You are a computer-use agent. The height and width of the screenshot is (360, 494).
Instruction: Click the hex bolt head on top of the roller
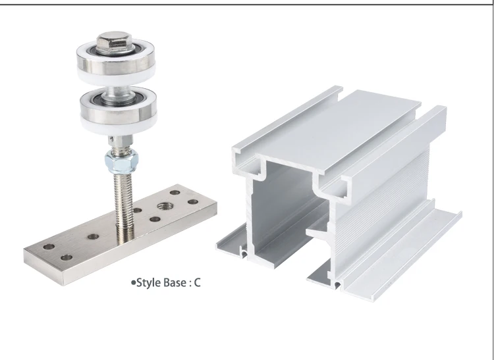pos(109,43)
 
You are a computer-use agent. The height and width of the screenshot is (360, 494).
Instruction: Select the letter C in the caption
pos(197,284)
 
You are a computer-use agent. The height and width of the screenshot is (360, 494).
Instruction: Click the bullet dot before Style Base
pos(134,284)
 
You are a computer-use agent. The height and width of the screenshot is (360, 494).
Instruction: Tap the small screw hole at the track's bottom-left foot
pos(244,251)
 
